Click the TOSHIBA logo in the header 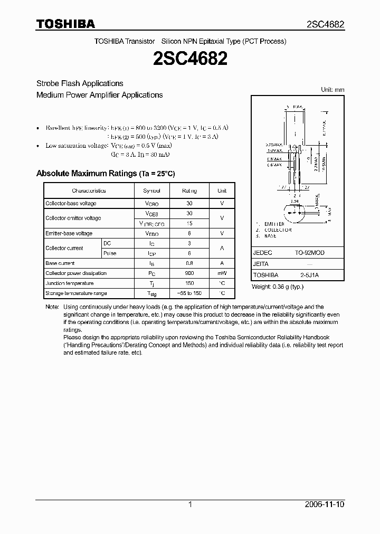click(65, 24)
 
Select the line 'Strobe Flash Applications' click(80, 83)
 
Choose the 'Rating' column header click(189, 190)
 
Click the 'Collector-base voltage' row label click(71, 203)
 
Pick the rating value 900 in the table click(189, 273)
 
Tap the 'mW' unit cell click(222, 273)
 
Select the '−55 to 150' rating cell click(189, 293)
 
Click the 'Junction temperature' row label click(70, 283)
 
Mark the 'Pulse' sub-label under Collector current click(110, 253)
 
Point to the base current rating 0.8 click(189, 263)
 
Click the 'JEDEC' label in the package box click(262, 253)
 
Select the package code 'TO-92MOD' click(310, 253)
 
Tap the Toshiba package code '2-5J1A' click(310, 275)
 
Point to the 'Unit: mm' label click(332, 90)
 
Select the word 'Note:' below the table click(52, 307)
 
